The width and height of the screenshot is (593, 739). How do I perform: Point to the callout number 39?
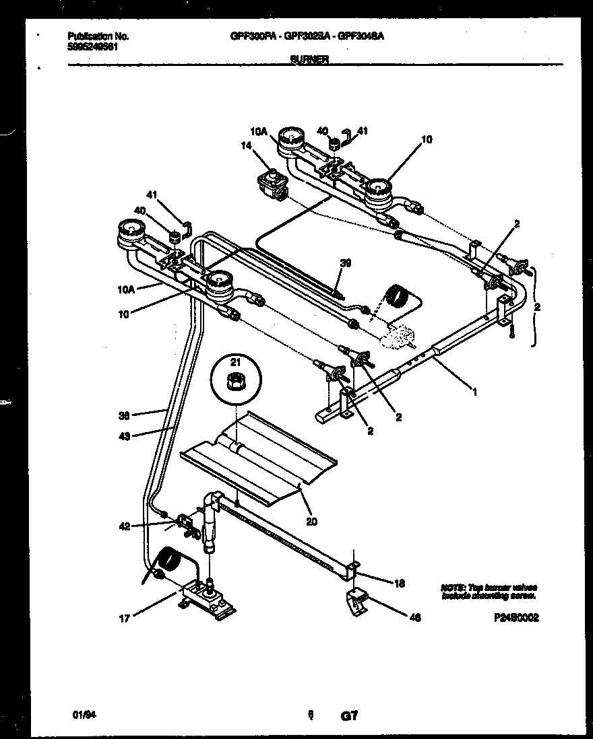(346, 264)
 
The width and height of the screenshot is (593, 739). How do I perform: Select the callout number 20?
(311, 520)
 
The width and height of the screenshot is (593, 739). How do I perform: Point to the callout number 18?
(399, 584)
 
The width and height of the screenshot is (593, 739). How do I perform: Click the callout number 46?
(415, 617)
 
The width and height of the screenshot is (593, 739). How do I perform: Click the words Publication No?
(98, 36)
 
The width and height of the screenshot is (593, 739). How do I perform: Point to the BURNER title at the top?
(309, 59)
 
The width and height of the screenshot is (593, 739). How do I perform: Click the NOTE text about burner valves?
(489, 591)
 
